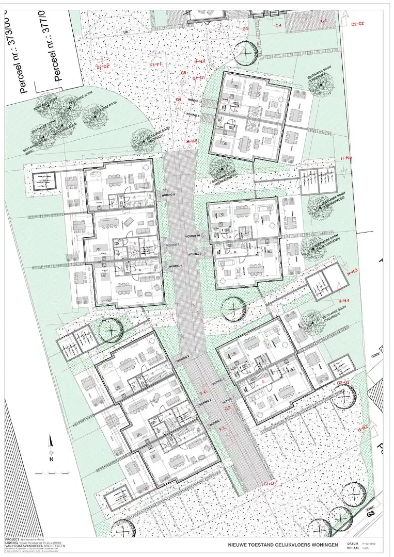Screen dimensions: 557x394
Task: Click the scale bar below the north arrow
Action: (52, 472)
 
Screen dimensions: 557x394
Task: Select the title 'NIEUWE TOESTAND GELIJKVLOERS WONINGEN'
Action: (283, 545)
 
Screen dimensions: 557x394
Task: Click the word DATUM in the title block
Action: (353, 544)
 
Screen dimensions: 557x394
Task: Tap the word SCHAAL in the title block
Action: (354, 549)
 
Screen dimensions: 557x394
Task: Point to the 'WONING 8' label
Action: (168, 194)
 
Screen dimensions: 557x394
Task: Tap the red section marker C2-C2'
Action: (358, 24)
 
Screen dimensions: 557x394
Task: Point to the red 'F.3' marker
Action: (221, 429)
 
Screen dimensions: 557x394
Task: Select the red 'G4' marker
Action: (179, 99)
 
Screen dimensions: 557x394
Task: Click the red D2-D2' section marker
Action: (103, 67)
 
